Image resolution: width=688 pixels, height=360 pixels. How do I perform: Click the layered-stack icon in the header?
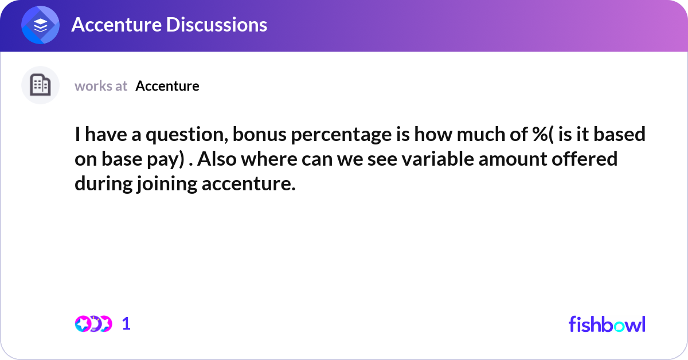40,25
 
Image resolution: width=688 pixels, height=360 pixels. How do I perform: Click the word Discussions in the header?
217,25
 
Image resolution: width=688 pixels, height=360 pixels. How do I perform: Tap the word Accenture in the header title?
116,25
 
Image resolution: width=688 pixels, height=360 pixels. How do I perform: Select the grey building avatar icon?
40,85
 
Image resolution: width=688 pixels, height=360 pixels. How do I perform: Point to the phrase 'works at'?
101,86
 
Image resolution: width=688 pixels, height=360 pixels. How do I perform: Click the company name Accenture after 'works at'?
167,86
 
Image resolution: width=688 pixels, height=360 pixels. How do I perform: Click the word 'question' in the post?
187,135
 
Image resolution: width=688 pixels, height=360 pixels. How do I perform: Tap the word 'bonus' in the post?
260,135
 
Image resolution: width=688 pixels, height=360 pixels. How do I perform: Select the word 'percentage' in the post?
341,135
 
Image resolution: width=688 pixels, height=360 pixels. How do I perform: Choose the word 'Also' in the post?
217,159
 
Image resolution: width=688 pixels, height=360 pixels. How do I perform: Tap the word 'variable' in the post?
437,159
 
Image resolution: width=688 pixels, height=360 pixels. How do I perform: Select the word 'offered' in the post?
584,159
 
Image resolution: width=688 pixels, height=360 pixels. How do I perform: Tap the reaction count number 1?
126,324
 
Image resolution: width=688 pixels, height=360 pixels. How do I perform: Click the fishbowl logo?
607,324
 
